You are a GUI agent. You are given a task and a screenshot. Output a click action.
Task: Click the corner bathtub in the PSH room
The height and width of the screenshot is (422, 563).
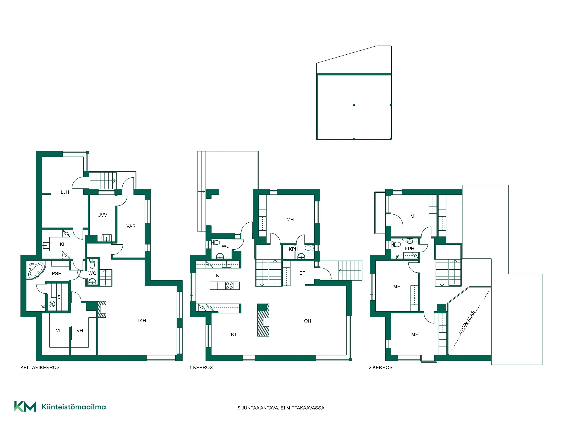tap(36, 270)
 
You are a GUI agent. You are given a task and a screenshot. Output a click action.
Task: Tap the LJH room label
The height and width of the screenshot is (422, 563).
tap(65, 192)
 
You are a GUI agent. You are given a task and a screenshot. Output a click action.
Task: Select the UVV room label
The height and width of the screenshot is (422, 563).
tap(102, 215)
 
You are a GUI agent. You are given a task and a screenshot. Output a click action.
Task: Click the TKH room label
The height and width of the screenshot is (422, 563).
tap(141, 320)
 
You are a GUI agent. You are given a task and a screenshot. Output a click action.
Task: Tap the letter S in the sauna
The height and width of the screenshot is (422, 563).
tap(59, 297)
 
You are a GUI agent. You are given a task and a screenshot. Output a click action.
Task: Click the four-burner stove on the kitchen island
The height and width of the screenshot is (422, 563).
tap(229, 286)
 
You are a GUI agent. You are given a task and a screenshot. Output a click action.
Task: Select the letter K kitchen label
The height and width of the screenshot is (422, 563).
tap(218, 275)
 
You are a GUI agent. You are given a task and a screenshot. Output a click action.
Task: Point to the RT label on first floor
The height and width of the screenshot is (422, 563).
tap(234, 335)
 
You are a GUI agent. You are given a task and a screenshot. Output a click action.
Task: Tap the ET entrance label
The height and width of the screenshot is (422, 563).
tap(302, 273)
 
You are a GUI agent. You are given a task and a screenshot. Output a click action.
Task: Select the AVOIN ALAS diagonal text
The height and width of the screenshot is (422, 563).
tap(467, 323)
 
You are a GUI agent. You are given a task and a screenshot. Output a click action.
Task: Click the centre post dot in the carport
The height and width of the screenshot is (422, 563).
tap(354, 105)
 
